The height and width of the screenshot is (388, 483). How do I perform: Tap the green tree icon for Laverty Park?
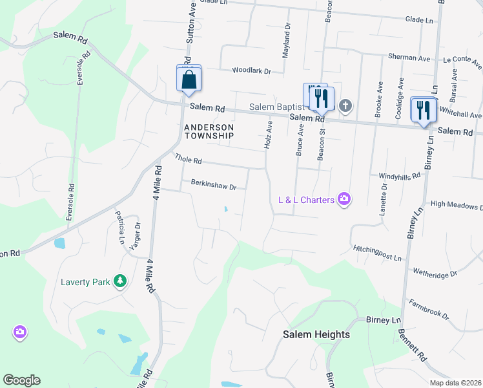point(119,281)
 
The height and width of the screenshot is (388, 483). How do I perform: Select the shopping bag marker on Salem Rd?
point(189,80)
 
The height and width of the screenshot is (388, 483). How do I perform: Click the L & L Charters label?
point(306,199)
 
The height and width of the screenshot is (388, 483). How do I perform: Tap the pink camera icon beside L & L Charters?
point(344,199)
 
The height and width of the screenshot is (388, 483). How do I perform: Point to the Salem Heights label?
point(316,334)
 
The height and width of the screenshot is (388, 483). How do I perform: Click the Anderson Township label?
point(209,132)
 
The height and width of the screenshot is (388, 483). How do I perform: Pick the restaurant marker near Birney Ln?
point(424,109)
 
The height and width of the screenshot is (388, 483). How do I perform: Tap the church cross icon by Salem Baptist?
point(345,105)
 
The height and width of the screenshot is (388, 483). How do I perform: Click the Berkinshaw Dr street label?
point(214,184)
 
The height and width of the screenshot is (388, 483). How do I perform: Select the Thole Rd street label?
point(189,159)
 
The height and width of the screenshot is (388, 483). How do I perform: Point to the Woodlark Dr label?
point(251,70)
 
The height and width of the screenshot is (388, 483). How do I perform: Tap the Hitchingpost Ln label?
point(377,252)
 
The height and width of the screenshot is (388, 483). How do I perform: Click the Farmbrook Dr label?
point(428,308)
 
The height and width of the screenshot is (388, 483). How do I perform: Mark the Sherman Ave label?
point(409,58)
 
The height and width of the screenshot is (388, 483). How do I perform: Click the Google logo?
point(21,380)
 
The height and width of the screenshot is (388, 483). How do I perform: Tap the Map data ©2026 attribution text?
point(455,383)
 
